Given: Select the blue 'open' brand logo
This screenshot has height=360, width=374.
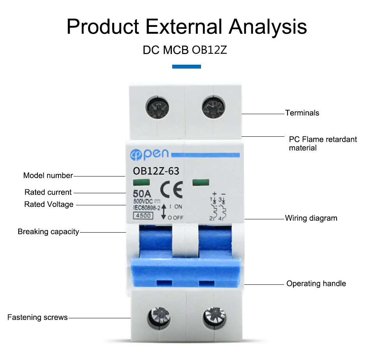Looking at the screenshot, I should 149,154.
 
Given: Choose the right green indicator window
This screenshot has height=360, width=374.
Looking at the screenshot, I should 201,182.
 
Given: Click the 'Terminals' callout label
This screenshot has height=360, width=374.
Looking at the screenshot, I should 302,113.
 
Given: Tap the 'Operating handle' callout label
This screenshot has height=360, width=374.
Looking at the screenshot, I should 316,283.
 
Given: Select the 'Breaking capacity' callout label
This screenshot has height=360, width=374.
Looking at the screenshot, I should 48,232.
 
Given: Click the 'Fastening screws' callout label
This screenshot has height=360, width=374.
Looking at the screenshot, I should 37,318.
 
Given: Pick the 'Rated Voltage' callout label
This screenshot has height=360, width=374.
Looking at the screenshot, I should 49,204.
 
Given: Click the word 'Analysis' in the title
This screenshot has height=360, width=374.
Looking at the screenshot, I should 268,27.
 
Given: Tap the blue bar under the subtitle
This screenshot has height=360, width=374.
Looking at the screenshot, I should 187,67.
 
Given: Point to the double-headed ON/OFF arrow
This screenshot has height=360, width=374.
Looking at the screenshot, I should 164,211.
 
